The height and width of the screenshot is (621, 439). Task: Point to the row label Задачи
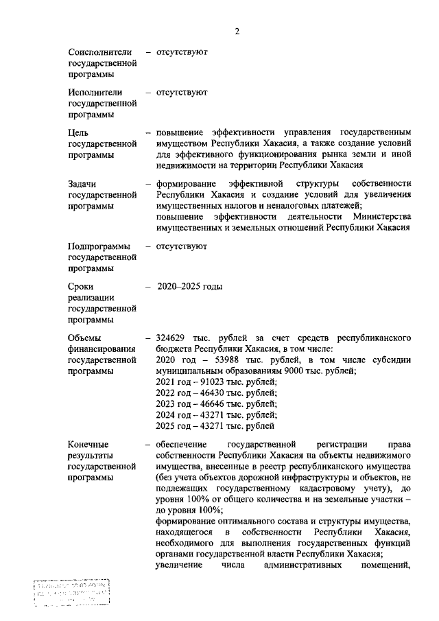point(82,184)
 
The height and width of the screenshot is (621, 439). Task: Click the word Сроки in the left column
point(80,286)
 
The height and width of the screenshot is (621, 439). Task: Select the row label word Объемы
point(84,338)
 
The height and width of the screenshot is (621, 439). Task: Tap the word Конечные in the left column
point(88,444)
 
